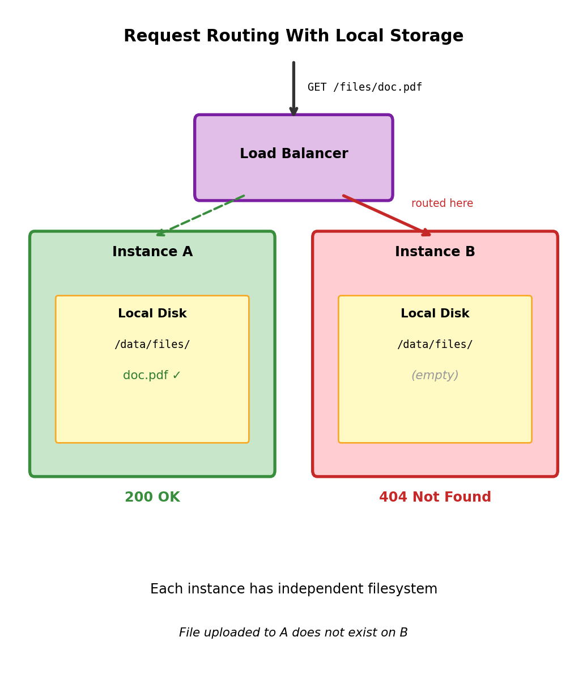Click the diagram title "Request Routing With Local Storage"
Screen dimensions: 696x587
pos(293,36)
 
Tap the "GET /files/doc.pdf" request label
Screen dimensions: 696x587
pos(364,87)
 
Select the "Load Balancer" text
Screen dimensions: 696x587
pos(293,154)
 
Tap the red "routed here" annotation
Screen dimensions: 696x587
pos(442,203)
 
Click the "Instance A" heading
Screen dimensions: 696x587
pos(152,252)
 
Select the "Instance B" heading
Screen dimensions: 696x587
pos(435,252)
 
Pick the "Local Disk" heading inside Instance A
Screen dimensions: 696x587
pos(152,314)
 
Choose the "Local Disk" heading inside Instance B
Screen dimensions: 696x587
pos(435,314)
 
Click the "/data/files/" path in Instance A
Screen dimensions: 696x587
pos(152,345)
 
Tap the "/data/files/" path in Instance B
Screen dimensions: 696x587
pos(435,345)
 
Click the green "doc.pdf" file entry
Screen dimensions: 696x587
pos(146,376)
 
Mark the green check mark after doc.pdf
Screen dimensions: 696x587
pos(176,376)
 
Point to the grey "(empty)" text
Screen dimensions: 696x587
pos(435,376)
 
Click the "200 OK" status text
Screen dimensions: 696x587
pos(152,498)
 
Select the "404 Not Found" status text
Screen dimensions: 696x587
pos(435,498)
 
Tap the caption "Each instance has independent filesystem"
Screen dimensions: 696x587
pos(293,589)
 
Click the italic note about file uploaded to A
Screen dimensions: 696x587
pos(293,633)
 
